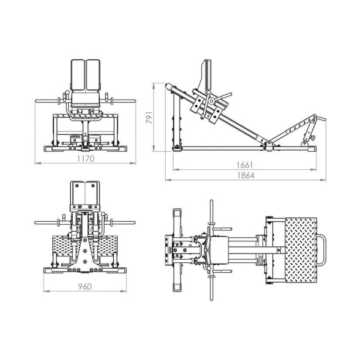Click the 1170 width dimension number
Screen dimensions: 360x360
point(85,159)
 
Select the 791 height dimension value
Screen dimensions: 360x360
point(149,117)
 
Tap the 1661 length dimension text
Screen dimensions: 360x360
point(245,165)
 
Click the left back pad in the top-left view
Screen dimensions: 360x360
point(78,75)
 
